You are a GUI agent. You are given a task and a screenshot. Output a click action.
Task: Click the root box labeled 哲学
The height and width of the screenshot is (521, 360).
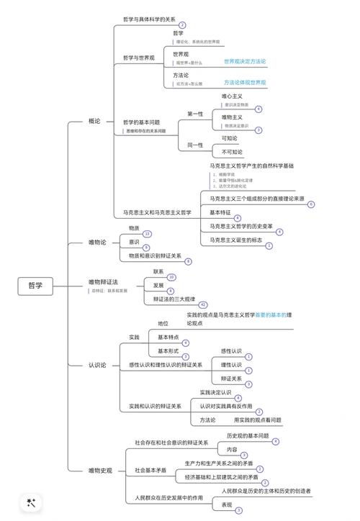[x=35, y=286]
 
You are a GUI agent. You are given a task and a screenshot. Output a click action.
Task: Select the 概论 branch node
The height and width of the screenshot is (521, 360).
[x=94, y=121]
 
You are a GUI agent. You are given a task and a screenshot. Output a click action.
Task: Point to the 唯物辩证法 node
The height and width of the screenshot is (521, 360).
[x=103, y=281]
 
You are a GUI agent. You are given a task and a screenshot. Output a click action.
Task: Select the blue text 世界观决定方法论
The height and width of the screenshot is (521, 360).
[x=245, y=62]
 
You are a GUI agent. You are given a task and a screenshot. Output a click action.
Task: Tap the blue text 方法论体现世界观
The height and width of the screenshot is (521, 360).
[x=245, y=83]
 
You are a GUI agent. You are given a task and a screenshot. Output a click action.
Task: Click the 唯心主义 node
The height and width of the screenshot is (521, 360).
[x=232, y=96]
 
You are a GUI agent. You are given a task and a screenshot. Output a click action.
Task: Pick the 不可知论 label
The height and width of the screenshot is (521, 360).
[x=232, y=152]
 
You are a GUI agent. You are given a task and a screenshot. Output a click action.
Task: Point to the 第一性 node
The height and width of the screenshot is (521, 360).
[x=195, y=114]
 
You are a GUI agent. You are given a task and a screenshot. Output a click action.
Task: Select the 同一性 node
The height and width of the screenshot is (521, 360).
[x=195, y=145]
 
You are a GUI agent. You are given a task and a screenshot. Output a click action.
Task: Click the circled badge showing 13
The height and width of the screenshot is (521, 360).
[x=148, y=234]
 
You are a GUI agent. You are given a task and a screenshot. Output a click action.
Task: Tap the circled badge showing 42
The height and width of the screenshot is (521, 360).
[x=203, y=304]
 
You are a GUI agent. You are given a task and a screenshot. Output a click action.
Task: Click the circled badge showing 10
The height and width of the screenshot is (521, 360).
[x=171, y=277]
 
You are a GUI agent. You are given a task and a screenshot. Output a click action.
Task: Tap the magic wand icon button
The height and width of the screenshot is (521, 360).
[x=31, y=503]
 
